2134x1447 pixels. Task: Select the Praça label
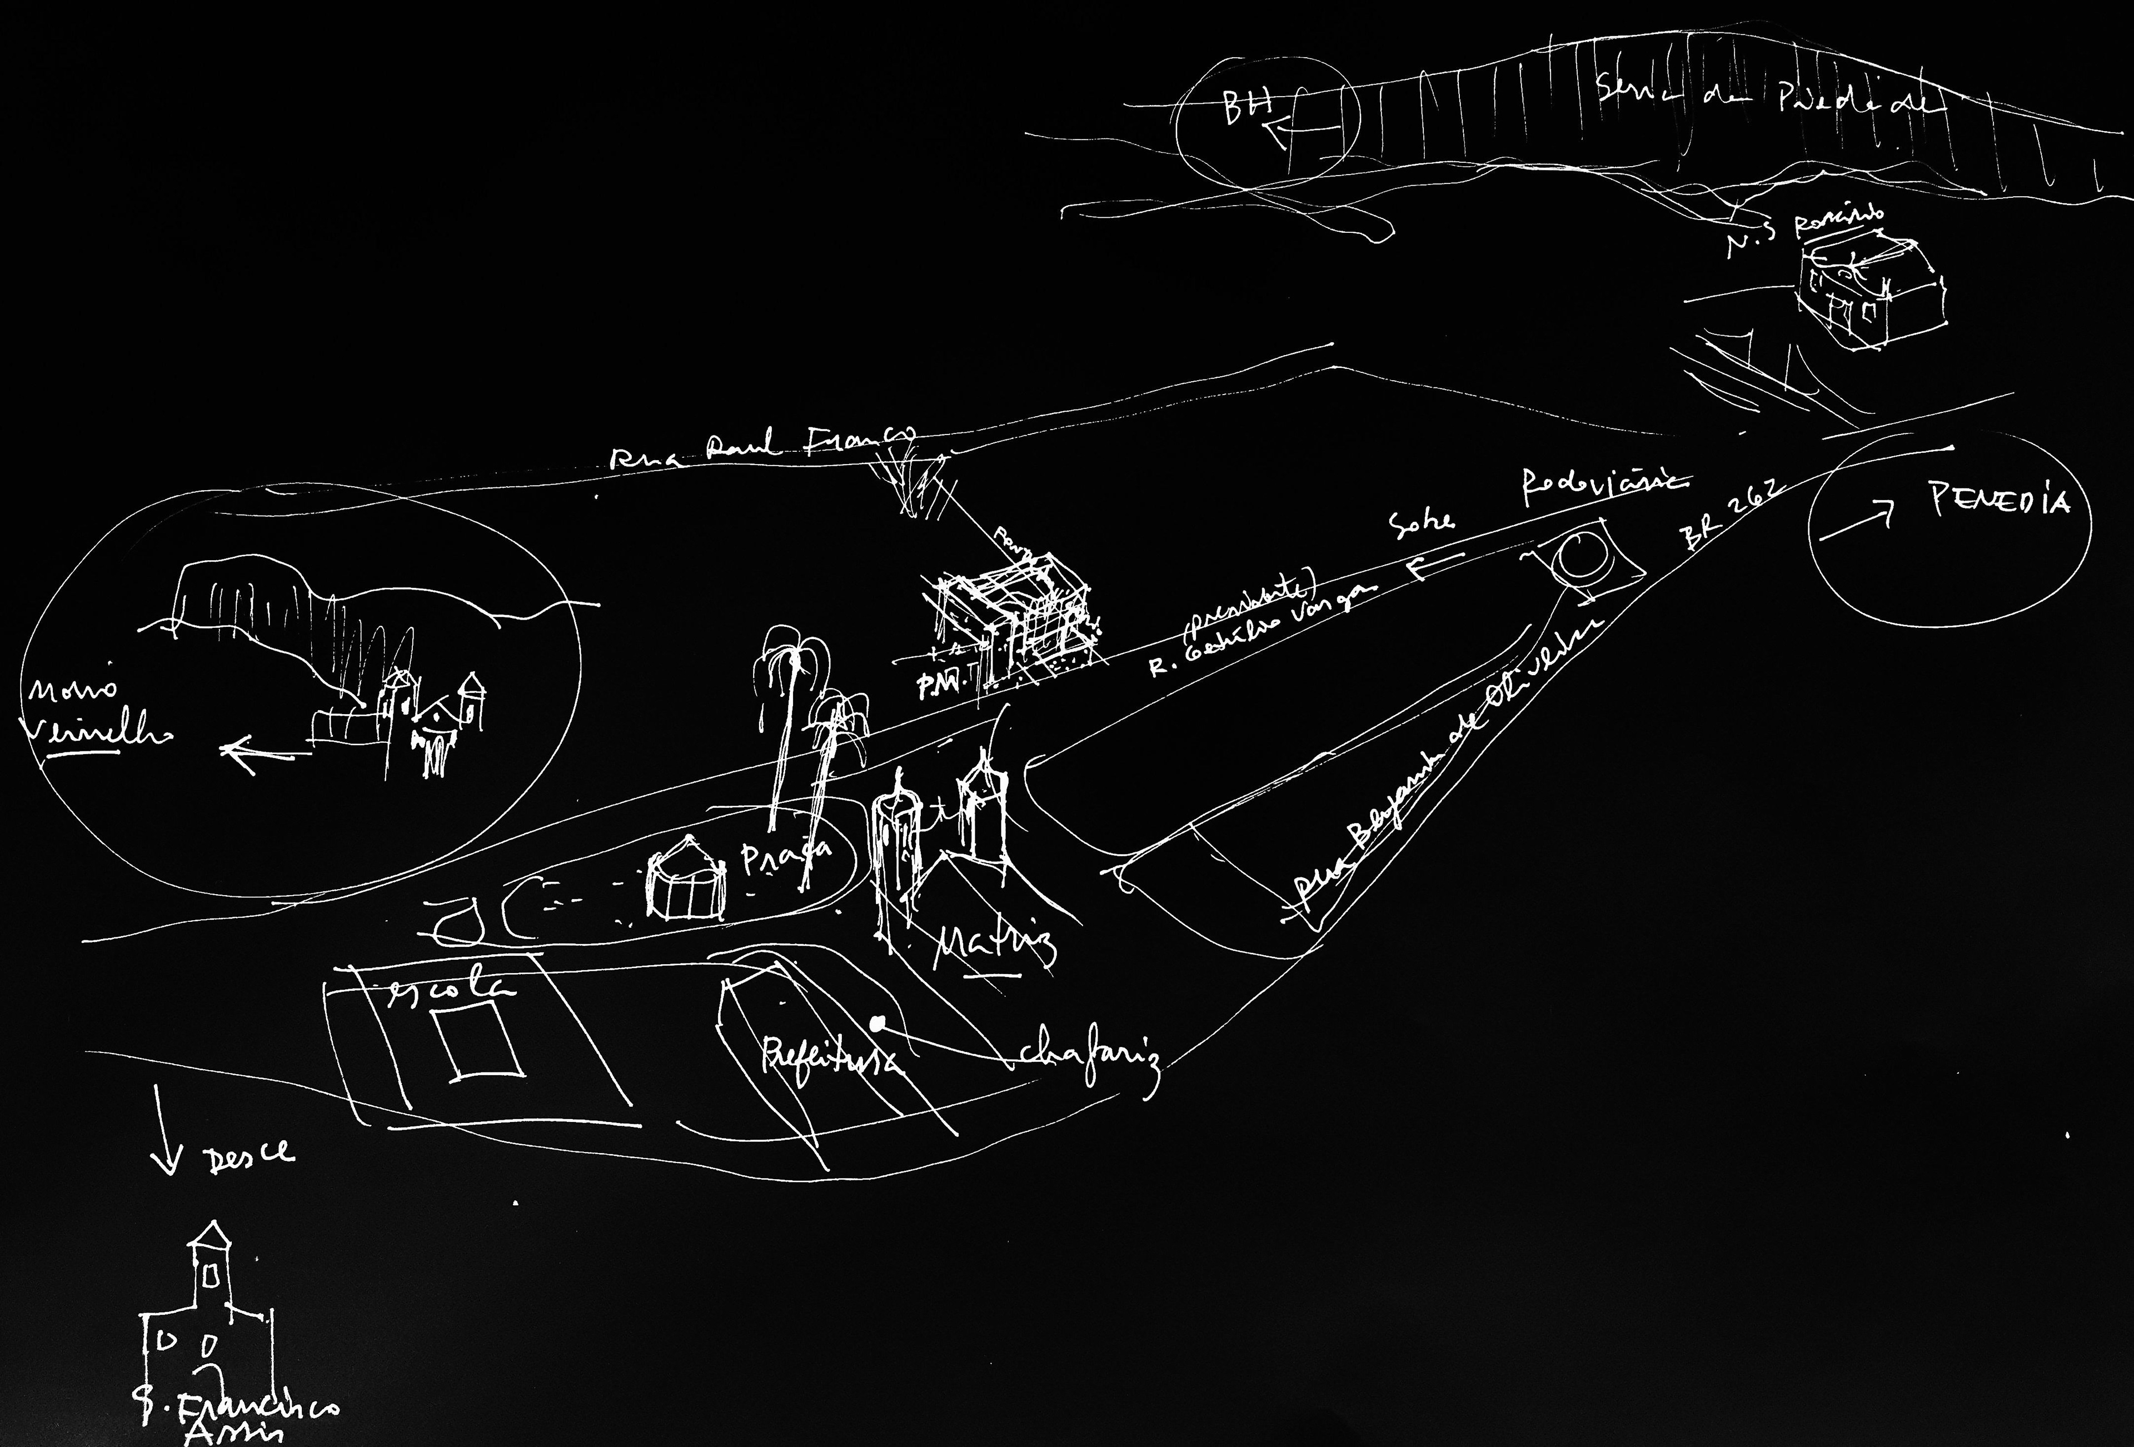(x=786, y=860)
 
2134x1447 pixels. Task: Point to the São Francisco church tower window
(x=210, y=1274)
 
